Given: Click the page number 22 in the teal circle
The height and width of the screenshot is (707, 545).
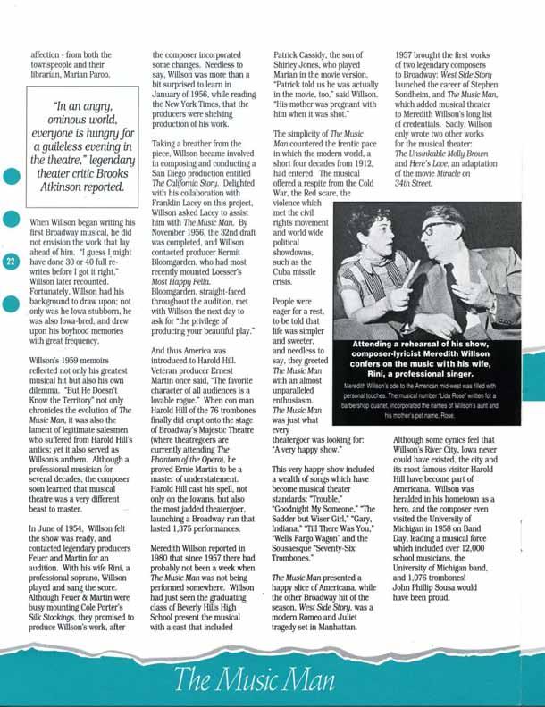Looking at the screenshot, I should pos(10,262).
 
